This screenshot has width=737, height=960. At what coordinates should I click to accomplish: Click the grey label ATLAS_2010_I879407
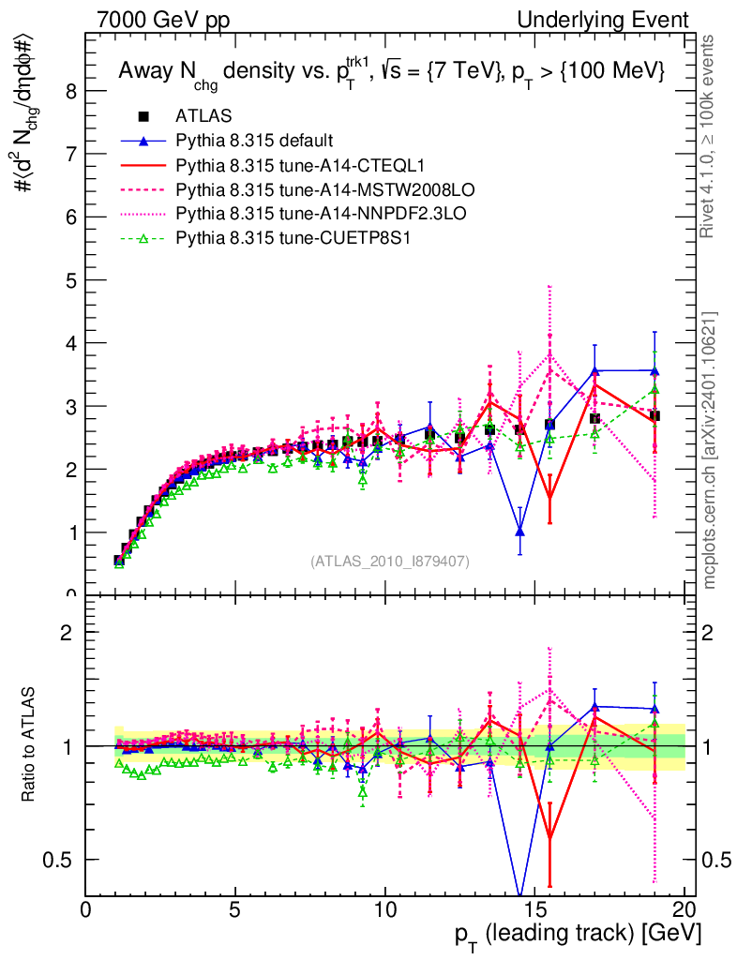tap(390, 561)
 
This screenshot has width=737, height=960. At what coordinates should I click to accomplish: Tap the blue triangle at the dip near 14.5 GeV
tap(519, 532)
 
